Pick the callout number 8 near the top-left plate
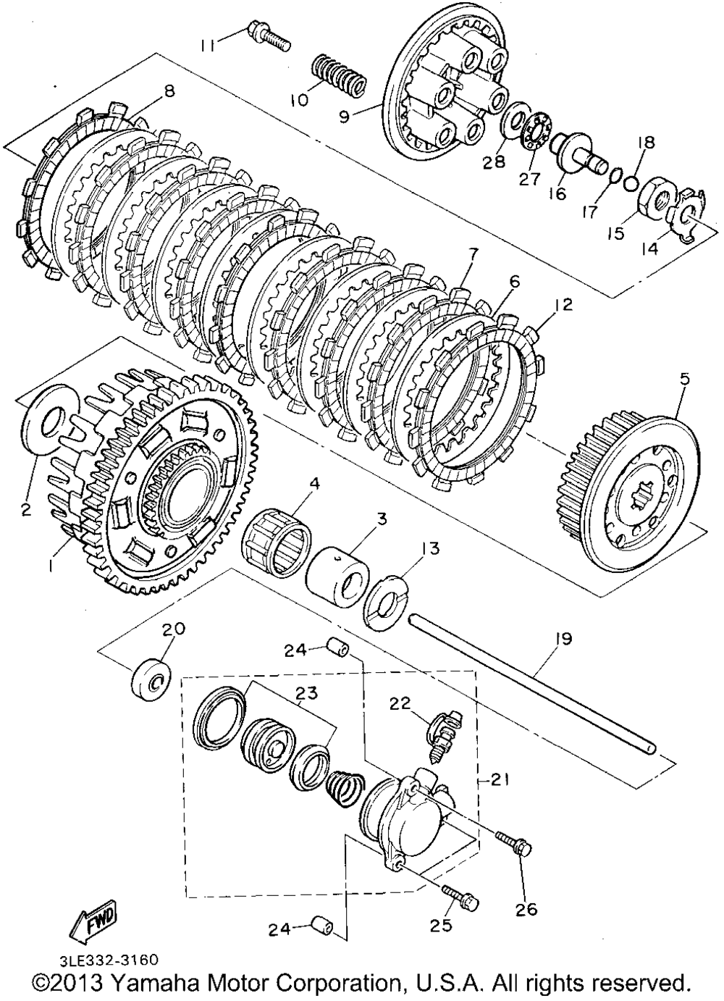169,91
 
